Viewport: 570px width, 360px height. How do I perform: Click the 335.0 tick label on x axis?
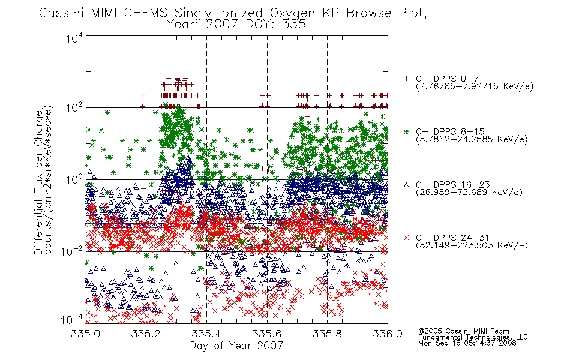86,334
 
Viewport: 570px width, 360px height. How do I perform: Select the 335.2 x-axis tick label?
146,334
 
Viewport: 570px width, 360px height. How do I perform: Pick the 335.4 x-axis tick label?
206,334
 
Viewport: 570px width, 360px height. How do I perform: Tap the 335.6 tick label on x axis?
267,334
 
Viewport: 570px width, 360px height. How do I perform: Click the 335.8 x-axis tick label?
327,334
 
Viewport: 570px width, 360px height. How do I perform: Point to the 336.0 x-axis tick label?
388,334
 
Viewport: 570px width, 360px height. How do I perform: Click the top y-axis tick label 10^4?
74,38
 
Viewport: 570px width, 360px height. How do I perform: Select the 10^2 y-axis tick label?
74,108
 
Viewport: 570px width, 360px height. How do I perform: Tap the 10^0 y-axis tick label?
74,179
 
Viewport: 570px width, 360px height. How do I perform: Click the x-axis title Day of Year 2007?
236,346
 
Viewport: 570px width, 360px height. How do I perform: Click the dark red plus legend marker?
406,79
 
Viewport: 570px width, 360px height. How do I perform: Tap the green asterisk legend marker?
406,131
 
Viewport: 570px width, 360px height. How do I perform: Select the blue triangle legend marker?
406,185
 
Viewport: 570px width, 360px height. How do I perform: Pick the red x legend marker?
406,238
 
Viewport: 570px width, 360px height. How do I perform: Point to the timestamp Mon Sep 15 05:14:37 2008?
467,343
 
